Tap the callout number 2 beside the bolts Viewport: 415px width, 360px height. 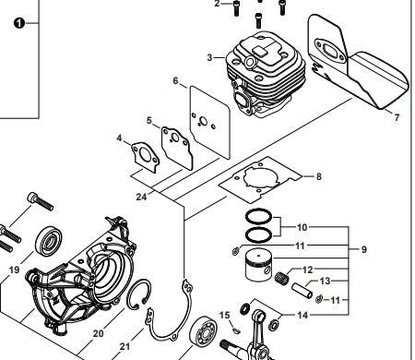click(x=219, y=5)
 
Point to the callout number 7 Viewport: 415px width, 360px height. click(x=397, y=117)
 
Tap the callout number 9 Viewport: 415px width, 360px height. click(x=363, y=248)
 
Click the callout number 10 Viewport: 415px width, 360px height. click(x=302, y=226)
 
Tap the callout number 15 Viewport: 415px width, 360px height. click(x=224, y=316)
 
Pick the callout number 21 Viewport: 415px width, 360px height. click(x=125, y=347)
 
